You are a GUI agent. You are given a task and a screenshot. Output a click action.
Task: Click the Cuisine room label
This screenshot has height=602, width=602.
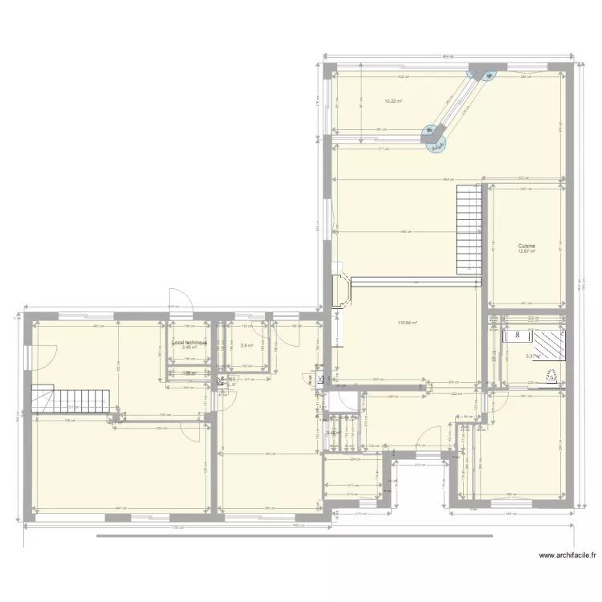(527, 246)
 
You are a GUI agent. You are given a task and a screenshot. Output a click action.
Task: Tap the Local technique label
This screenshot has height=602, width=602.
(189, 342)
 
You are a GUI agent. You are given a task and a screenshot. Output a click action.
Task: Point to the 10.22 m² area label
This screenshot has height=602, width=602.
(393, 101)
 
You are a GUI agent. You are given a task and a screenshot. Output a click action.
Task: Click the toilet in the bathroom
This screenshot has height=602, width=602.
(551, 374)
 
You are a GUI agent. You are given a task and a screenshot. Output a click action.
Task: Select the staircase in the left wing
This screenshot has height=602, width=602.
(70, 399)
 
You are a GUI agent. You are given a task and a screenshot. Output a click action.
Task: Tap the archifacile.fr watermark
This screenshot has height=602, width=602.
(568, 555)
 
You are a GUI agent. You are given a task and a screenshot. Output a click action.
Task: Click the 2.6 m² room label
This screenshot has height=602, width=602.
(247, 347)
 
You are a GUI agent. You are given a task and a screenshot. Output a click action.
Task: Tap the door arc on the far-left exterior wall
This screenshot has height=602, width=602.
(43, 352)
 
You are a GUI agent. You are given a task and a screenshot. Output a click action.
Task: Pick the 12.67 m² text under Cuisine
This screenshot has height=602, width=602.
(527, 251)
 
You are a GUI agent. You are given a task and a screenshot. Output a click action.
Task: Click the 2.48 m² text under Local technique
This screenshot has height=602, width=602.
(189, 348)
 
